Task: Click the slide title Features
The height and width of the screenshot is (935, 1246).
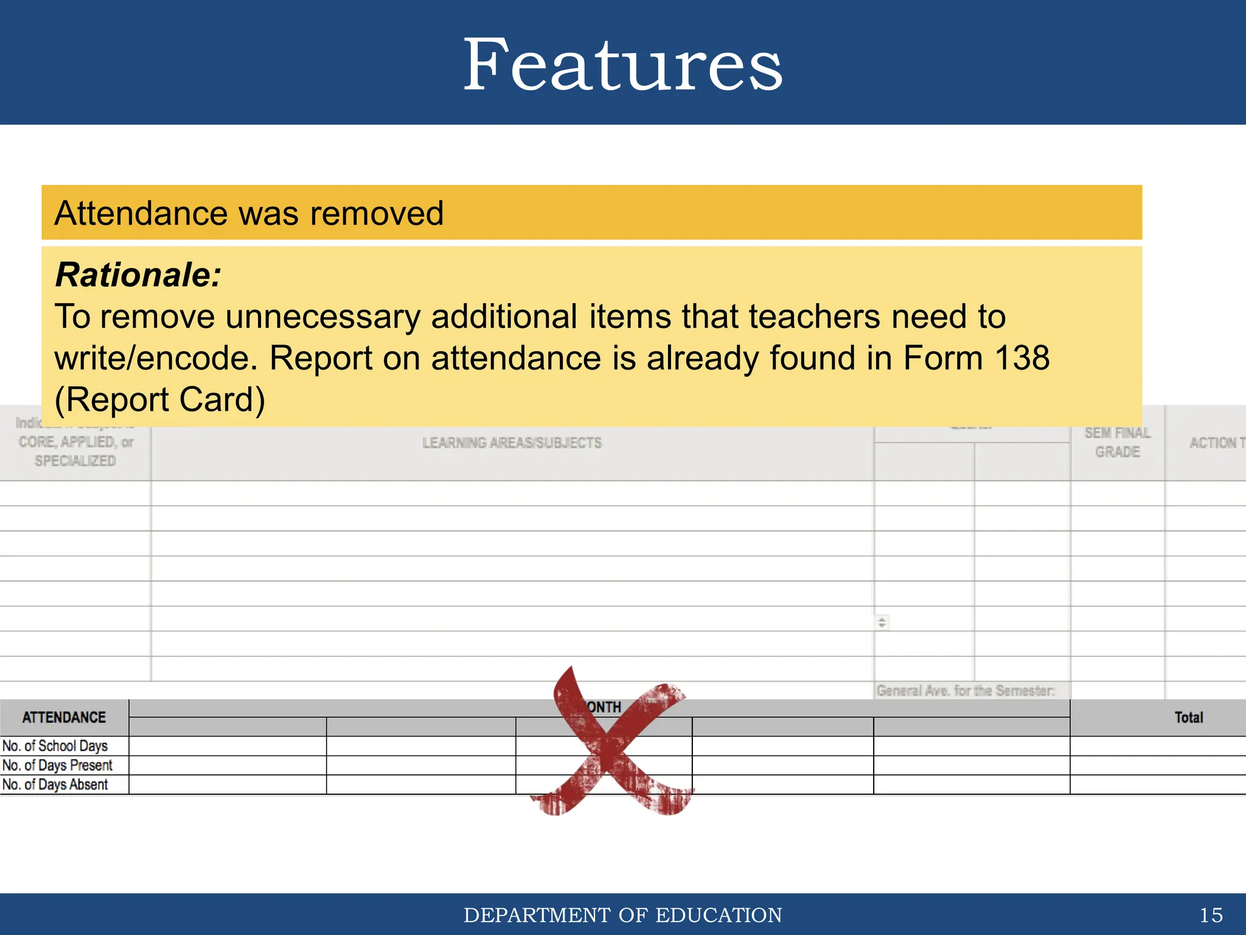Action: (x=622, y=65)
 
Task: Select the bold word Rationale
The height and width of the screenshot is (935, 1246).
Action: (x=137, y=275)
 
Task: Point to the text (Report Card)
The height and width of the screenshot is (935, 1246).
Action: (x=159, y=400)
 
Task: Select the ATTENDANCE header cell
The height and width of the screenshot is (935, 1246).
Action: (x=64, y=718)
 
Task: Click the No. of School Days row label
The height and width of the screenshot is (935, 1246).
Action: (x=55, y=746)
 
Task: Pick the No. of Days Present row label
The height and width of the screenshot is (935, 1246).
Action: (x=58, y=765)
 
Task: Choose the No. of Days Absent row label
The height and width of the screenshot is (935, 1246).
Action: (x=55, y=785)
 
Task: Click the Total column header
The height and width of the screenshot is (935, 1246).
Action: (x=1188, y=718)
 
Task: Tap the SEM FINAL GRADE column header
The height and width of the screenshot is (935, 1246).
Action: (x=1117, y=443)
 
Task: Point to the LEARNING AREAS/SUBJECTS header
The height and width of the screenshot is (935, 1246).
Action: (x=512, y=443)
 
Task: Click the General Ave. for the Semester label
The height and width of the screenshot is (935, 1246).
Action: (x=965, y=691)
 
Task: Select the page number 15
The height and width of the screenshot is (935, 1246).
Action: (x=1210, y=915)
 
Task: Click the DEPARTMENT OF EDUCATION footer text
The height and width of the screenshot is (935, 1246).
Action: (x=622, y=915)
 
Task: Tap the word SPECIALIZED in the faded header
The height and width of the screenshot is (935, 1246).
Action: (x=75, y=461)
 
